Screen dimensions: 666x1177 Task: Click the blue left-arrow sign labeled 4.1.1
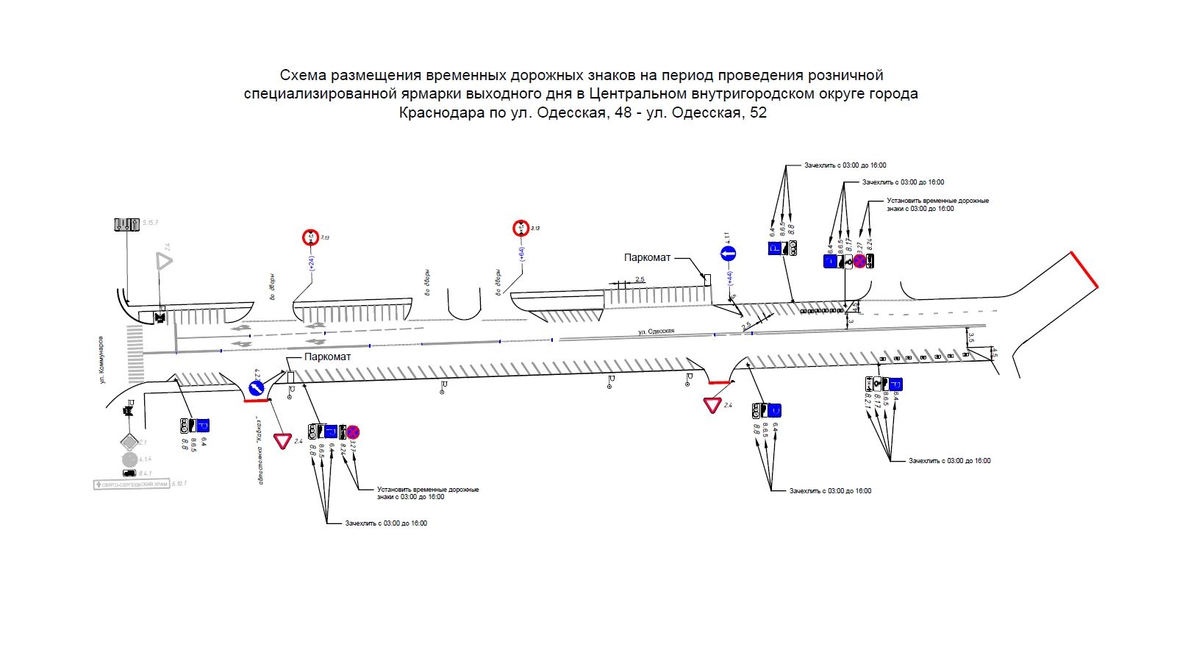[728, 254]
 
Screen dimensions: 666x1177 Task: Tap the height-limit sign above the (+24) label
[310, 237]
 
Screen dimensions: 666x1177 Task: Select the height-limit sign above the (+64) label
[520, 228]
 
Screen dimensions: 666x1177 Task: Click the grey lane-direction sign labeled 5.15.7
[126, 223]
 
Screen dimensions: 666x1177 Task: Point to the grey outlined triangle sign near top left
[162, 262]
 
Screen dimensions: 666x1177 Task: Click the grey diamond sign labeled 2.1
[129, 442]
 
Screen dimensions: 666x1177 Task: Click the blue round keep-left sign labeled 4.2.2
[256, 388]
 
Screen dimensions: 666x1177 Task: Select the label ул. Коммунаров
[102, 359]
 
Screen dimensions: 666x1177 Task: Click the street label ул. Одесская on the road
[656, 332]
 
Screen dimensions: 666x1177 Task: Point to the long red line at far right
[1084, 269]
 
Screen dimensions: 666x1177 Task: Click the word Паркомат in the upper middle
[647, 258]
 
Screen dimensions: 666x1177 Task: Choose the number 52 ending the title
[757, 112]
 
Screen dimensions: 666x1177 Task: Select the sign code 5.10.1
[179, 484]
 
